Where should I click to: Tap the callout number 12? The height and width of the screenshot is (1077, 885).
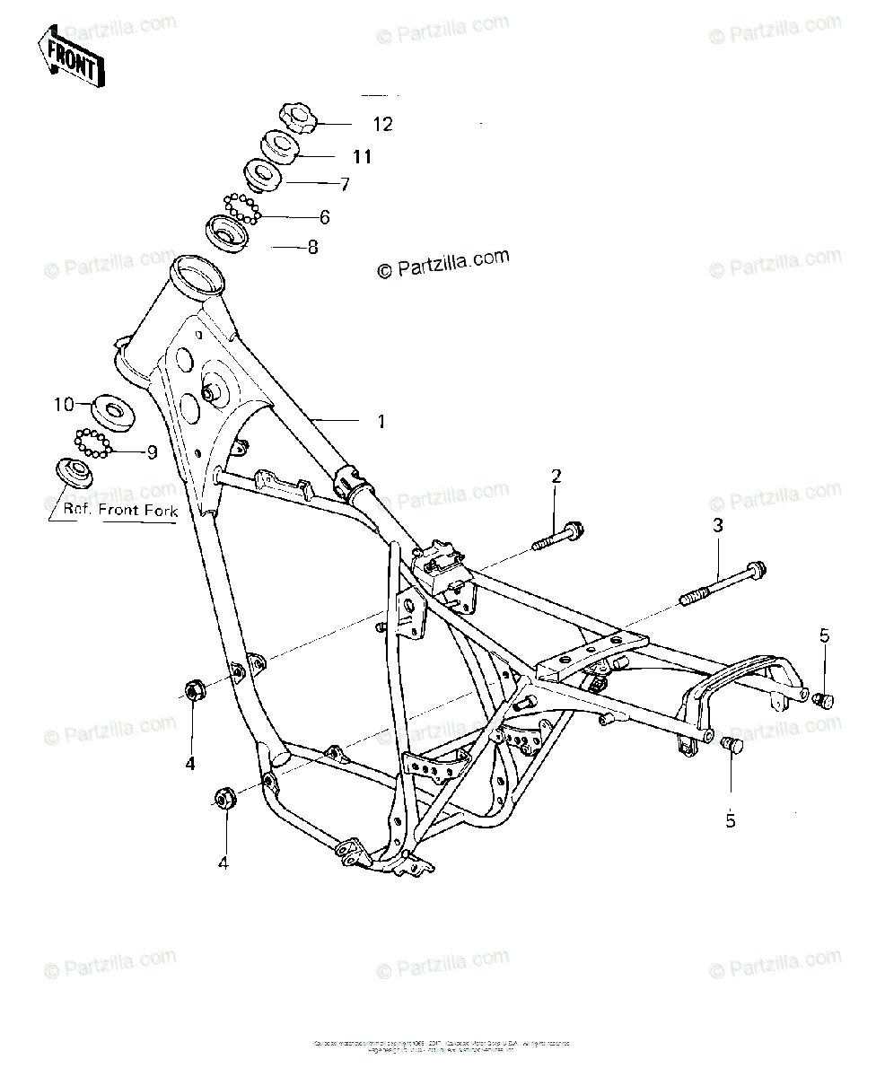click(x=383, y=125)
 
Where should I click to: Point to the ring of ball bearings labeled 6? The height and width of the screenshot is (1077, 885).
click(x=242, y=208)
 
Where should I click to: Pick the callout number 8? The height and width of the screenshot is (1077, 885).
click(x=312, y=247)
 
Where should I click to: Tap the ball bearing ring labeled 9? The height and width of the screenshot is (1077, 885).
click(x=92, y=443)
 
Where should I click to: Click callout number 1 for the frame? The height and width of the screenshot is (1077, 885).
click(x=381, y=421)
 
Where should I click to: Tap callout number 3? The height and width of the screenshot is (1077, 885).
click(x=718, y=526)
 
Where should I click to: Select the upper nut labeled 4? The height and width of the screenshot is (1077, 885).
click(x=194, y=690)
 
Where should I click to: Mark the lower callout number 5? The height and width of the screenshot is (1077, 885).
click(x=730, y=820)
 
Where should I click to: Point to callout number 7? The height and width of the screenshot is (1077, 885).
click(x=344, y=185)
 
